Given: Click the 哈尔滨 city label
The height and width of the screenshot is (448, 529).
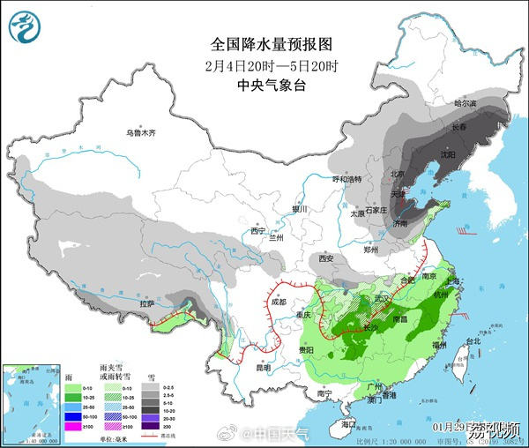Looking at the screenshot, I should pos(465,104).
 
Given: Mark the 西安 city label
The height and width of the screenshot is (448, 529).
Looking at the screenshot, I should pos(326,258).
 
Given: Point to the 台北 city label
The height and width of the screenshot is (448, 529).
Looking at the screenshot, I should pos(473,340).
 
